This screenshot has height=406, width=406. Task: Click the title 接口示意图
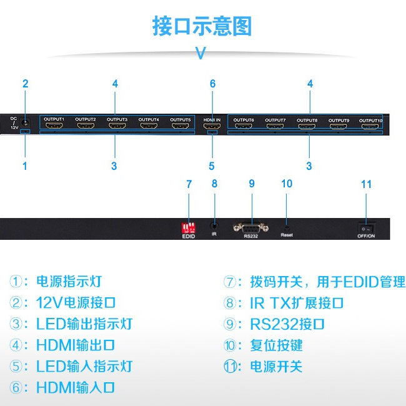pos(202,27)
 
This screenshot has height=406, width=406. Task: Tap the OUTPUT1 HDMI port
pos(54,127)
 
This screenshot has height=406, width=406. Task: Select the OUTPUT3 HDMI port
pos(117,127)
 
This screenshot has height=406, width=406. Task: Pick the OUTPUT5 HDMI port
pos(181,127)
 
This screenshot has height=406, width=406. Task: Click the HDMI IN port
pos(212,127)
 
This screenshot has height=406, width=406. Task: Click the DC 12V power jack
pos(26,123)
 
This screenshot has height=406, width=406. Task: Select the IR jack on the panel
pos(214,225)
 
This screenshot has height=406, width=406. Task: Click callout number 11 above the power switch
pos(366,184)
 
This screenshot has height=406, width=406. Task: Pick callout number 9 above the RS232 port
pos(252,184)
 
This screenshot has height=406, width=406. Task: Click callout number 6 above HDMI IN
pos(212,84)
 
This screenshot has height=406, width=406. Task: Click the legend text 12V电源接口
pos(76,303)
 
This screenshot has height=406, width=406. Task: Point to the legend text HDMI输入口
pos(76,387)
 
